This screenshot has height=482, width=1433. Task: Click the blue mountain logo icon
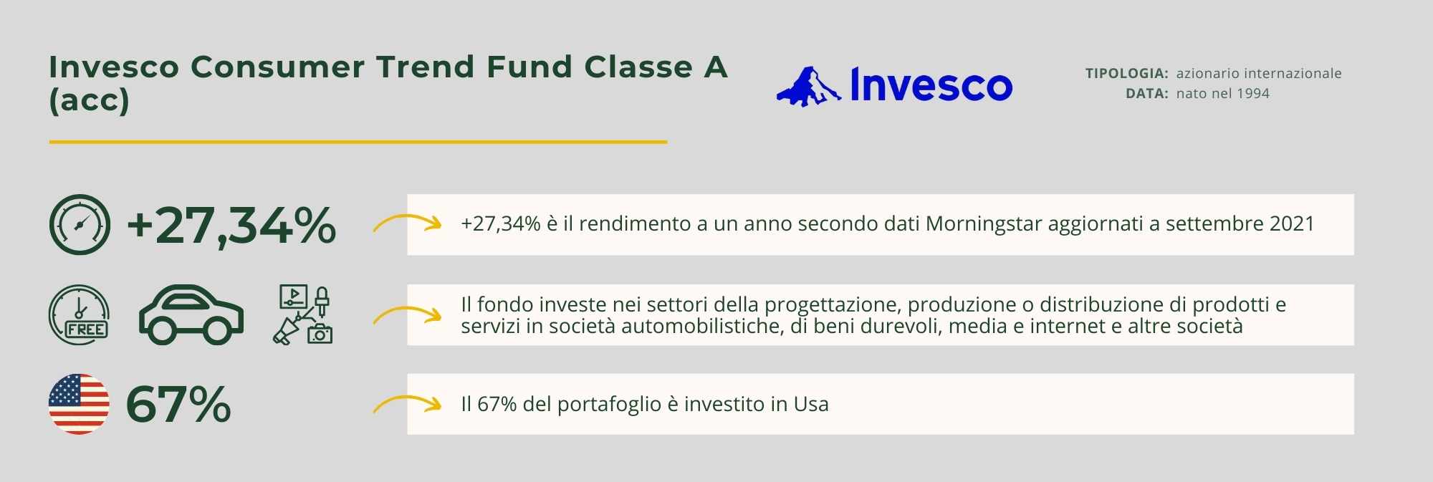click(x=808, y=87)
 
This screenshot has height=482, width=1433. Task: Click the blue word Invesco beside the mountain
click(x=931, y=85)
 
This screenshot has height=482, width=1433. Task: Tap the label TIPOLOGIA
click(x=1126, y=73)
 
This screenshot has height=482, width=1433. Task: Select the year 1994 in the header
click(x=1252, y=93)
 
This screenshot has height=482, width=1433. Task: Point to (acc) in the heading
click(x=89, y=100)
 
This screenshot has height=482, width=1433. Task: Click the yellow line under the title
click(x=358, y=142)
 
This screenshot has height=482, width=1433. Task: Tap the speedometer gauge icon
click(x=80, y=225)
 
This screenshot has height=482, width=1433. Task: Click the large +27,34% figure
click(x=231, y=225)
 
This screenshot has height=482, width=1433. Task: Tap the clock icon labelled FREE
click(x=79, y=315)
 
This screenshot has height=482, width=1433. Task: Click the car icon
click(x=191, y=315)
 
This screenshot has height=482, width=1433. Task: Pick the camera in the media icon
click(x=320, y=333)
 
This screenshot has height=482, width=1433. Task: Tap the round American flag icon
click(x=79, y=404)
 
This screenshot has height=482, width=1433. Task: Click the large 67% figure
click(x=178, y=405)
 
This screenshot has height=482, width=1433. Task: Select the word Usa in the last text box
click(x=811, y=405)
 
